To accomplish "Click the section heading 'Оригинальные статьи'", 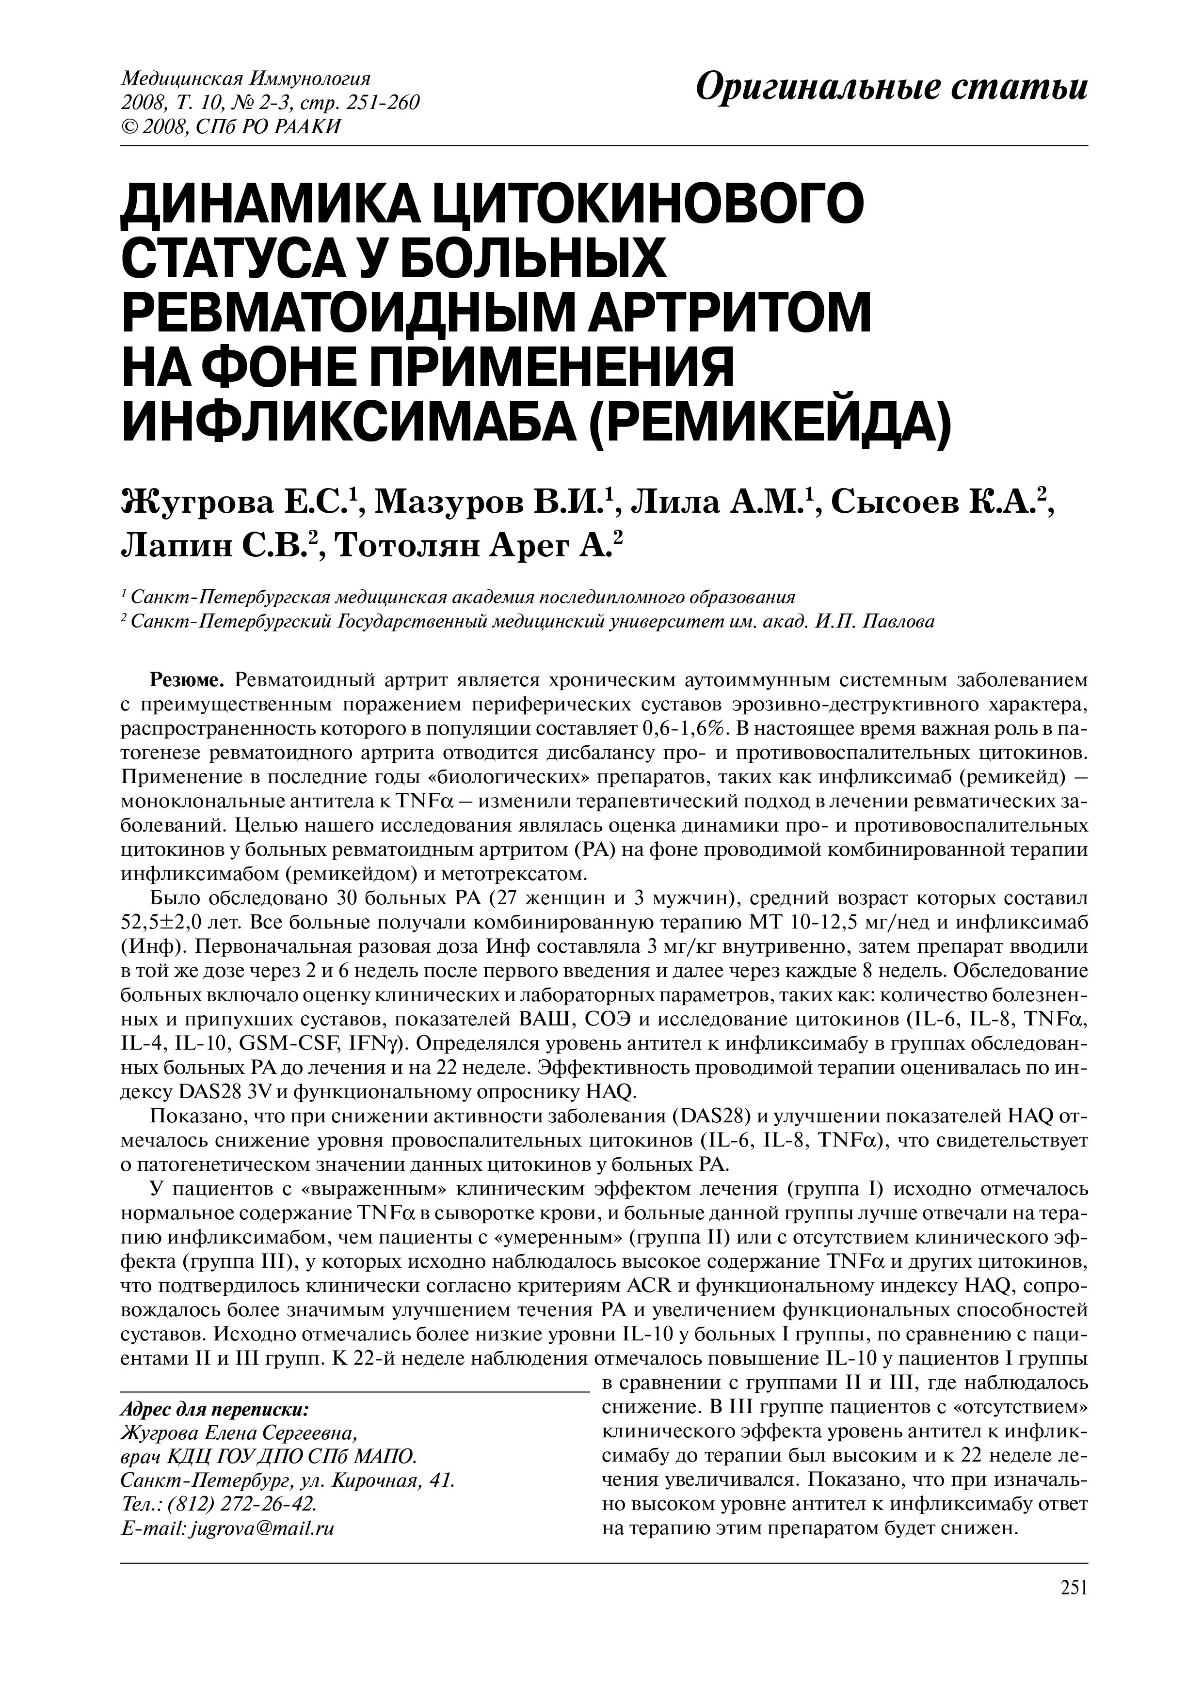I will click(892, 89).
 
